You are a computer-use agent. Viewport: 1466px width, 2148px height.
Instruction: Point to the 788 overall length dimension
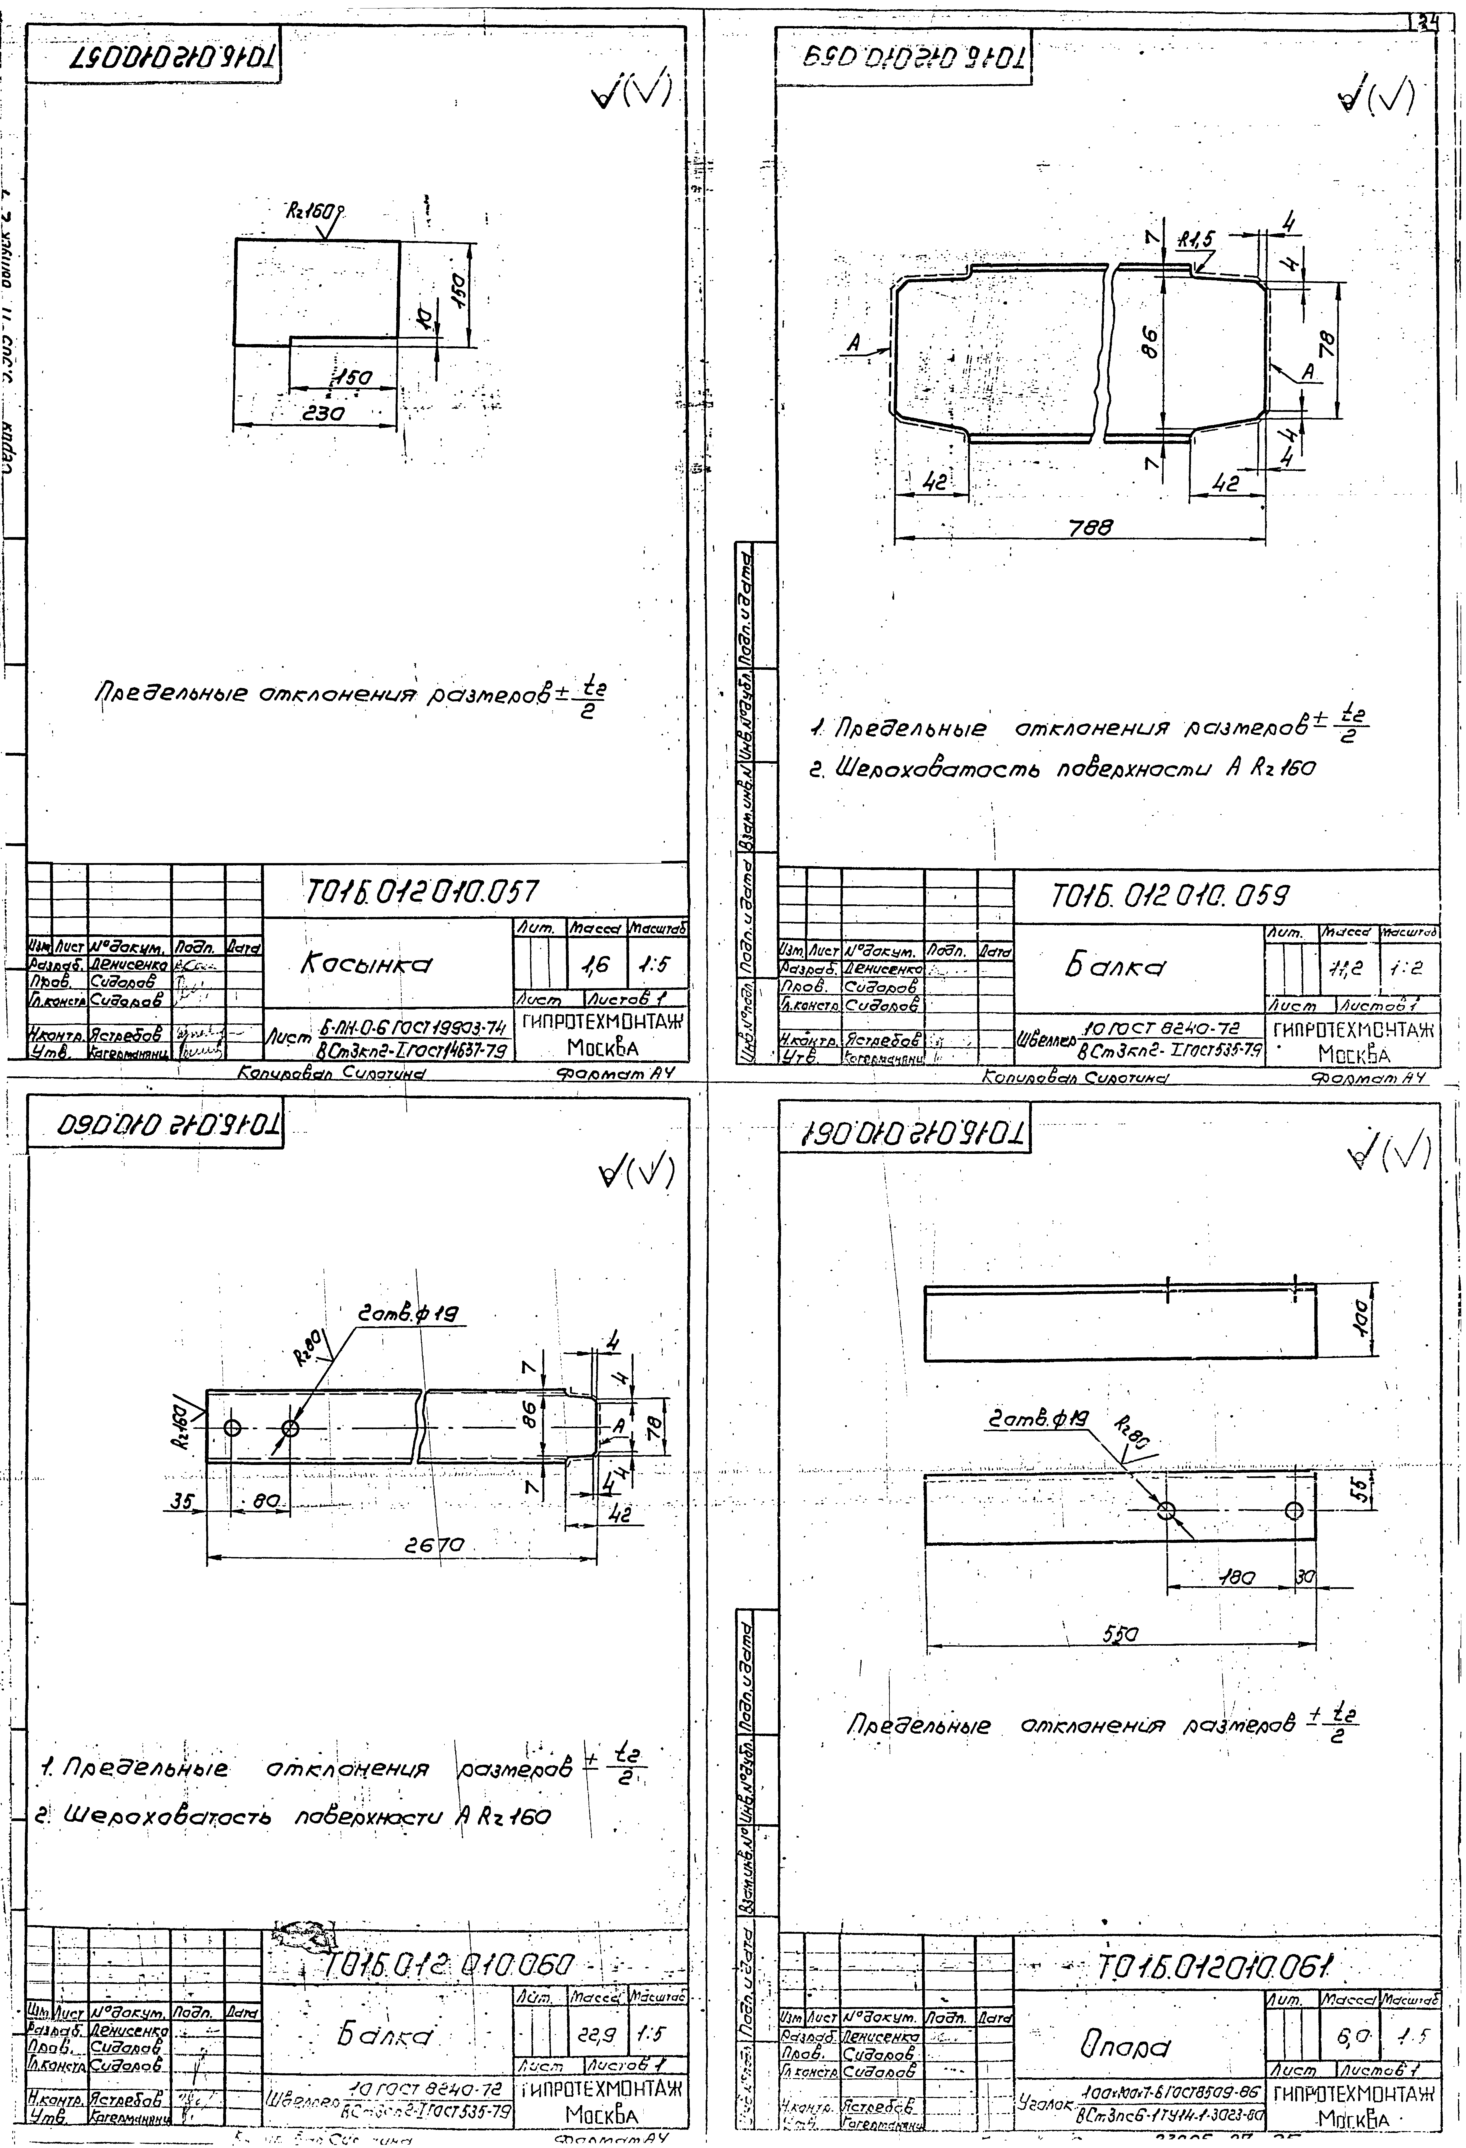1091,527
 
